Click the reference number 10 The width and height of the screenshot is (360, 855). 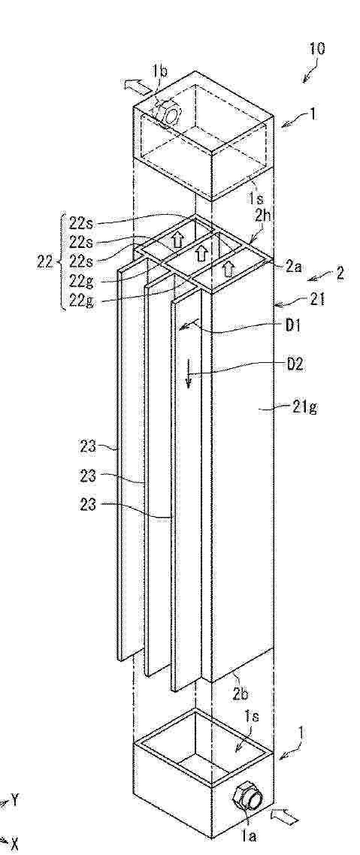(x=316, y=49)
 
